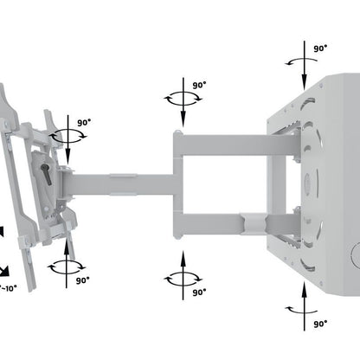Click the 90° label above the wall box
[x=319, y=48]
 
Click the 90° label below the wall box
[x=319, y=323]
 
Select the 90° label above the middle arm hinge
[x=198, y=86]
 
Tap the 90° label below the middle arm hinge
[x=198, y=292]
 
